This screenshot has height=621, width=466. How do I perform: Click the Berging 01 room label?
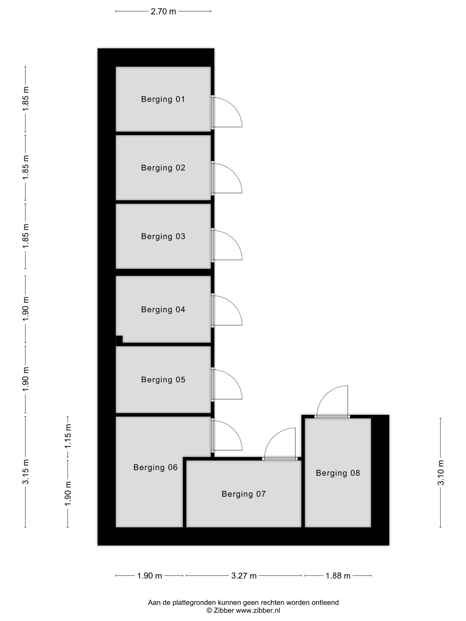(x=163, y=99)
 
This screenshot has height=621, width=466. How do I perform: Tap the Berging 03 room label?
(x=163, y=236)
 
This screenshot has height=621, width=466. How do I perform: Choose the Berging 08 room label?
(x=338, y=473)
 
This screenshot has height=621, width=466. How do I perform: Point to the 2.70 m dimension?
(x=163, y=12)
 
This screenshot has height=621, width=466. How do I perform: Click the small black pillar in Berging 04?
(x=119, y=339)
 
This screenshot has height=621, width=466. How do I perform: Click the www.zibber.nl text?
(x=258, y=610)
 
